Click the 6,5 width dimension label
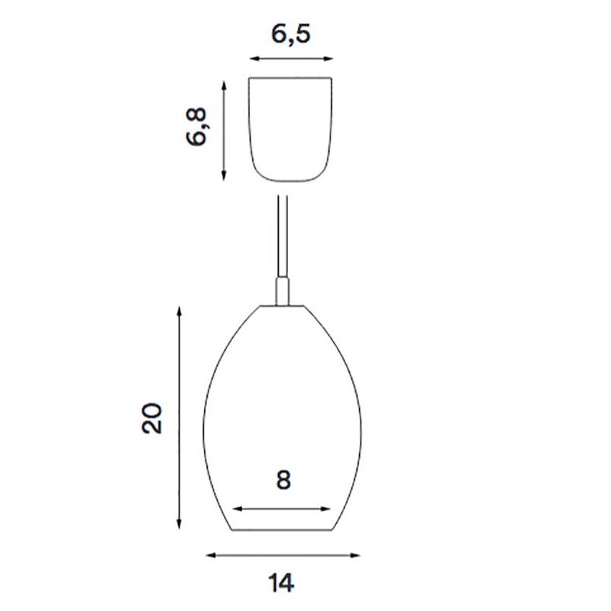coord(290,34)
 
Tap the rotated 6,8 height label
coord(196,127)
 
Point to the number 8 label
coord(283,480)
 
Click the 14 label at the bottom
coord(282,583)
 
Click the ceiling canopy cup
coord(292,128)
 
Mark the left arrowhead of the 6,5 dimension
coord(253,59)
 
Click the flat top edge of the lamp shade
coord(283,305)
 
